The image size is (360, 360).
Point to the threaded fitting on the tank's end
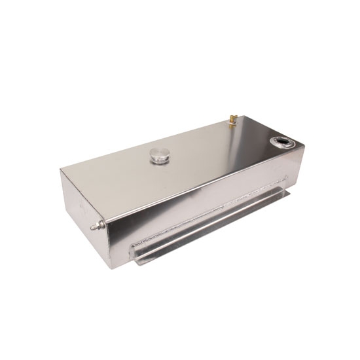96,226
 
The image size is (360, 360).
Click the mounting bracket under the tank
216,226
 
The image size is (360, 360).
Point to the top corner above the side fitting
60,171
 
